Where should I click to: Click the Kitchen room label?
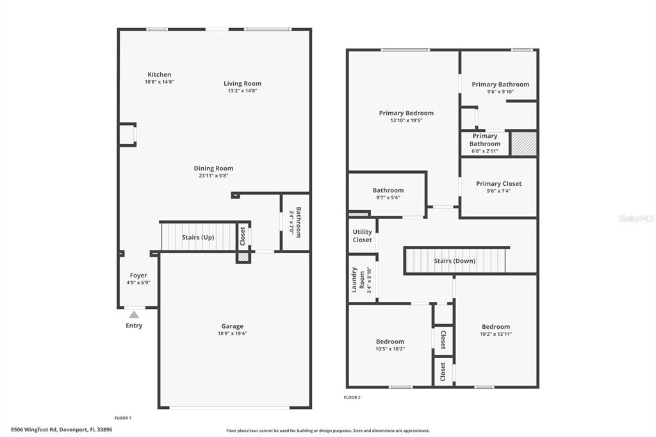click(159, 74)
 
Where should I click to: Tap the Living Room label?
click(242, 83)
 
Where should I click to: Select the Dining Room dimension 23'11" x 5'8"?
click(213, 176)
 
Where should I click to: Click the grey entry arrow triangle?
click(134, 314)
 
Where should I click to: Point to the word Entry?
click(134, 326)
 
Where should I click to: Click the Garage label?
click(232, 326)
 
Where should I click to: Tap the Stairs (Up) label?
click(198, 237)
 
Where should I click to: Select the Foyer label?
click(138, 276)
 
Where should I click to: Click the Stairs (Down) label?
click(454, 261)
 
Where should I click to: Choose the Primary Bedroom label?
click(406, 113)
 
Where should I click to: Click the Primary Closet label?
click(498, 184)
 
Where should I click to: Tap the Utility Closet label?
click(362, 236)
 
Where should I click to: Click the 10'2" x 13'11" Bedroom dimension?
click(496, 334)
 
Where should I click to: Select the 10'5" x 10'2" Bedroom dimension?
click(389, 349)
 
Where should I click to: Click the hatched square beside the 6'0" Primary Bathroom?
click(523, 144)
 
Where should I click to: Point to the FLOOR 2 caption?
click(352, 397)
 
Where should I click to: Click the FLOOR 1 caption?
click(122, 418)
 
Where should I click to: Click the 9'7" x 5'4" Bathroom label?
click(388, 190)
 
